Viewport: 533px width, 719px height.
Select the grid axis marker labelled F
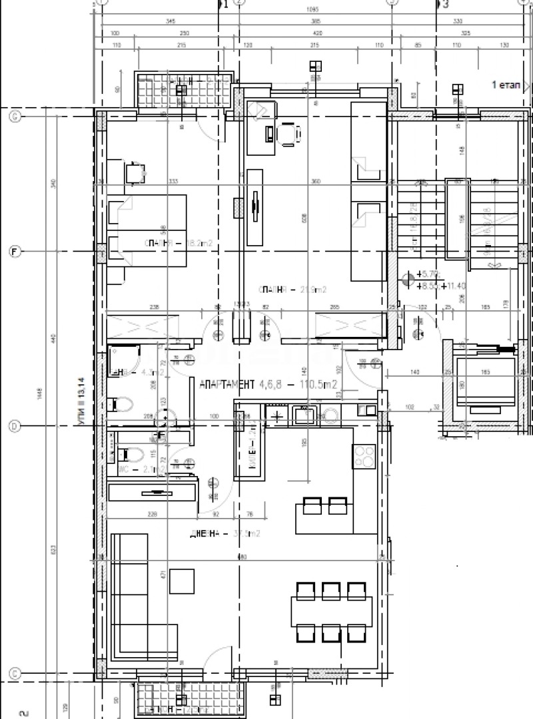click(x=14, y=252)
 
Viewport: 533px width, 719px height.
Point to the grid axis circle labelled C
click(x=14, y=673)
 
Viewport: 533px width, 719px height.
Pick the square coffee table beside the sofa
click(x=182, y=581)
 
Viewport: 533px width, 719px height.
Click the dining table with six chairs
click(x=331, y=609)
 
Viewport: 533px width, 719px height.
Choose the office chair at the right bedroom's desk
click(x=287, y=135)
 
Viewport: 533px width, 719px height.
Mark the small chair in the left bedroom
click(x=136, y=172)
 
